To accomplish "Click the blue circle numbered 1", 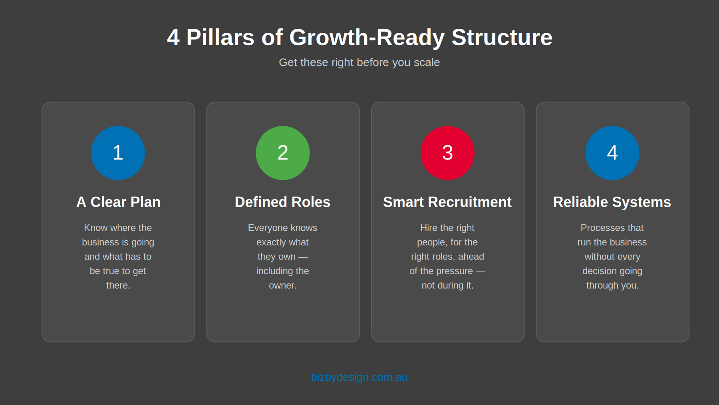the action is (x=118, y=153).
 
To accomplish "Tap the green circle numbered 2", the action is (x=283, y=153).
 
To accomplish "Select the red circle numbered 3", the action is (x=447, y=153).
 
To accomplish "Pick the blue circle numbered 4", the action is (x=612, y=153).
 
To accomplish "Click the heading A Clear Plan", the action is (x=118, y=202).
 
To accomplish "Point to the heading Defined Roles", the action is (x=283, y=202).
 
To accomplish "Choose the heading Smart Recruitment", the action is (x=447, y=202).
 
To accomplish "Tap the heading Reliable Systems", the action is (x=612, y=202).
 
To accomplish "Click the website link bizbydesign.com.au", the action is (x=359, y=377).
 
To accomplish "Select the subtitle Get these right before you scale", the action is (x=359, y=62).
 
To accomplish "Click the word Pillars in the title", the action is (x=220, y=38).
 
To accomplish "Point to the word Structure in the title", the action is (x=502, y=38).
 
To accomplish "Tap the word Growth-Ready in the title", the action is (x=367, y=38).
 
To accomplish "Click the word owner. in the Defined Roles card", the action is (x=283, y=285).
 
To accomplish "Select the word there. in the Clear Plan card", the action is (x=118, y=285).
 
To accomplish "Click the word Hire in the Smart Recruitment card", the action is (x=429, y=228).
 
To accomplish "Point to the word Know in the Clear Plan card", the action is (x=96, y=228).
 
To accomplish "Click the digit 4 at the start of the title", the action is (x=173, y=38).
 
